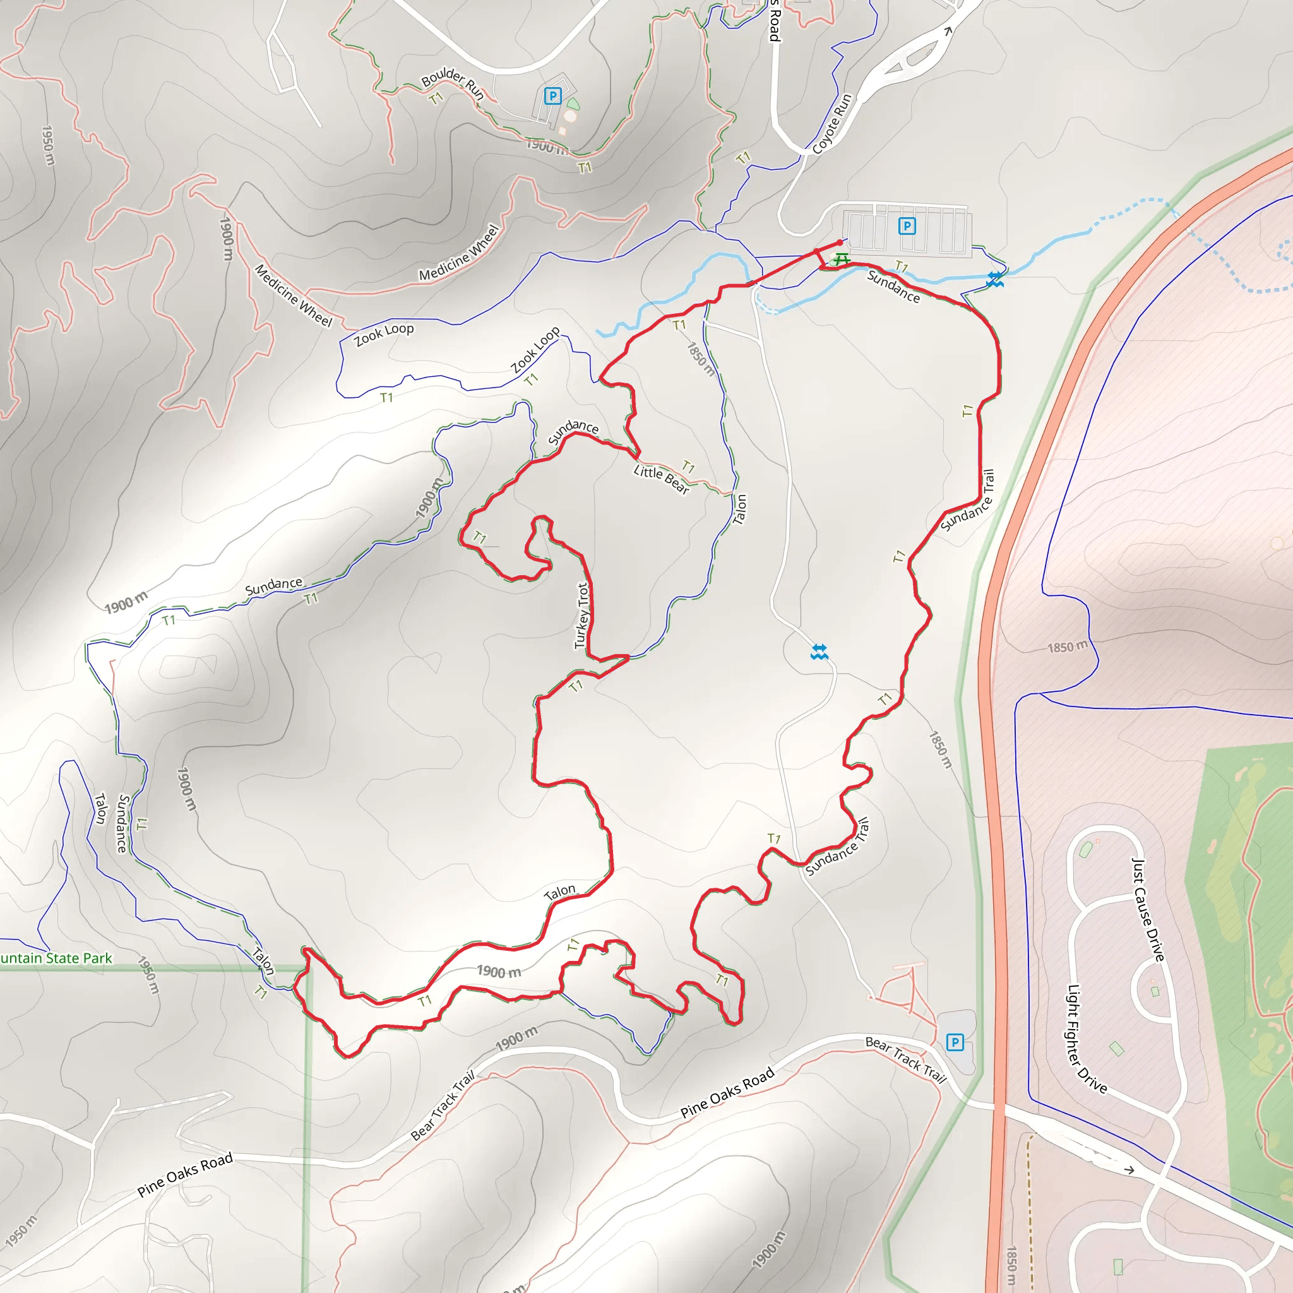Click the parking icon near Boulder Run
point(552,96)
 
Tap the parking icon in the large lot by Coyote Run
point(907,226)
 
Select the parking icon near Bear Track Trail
point(955,1042)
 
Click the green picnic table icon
point(841,258)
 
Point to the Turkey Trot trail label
point(582,616)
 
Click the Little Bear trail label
point(661,479)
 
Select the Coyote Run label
point(832,124)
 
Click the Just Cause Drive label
point(1148,910)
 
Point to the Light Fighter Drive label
point(1086,1038)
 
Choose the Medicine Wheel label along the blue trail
point(459,253)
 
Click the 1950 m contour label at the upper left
point(47,145)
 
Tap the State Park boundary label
point(56,958)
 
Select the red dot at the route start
point(840,242)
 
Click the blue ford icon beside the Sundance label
point(994,280)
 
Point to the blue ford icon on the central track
point(819,652)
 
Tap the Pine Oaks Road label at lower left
point(185,1174)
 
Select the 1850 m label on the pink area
point(1067,647)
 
